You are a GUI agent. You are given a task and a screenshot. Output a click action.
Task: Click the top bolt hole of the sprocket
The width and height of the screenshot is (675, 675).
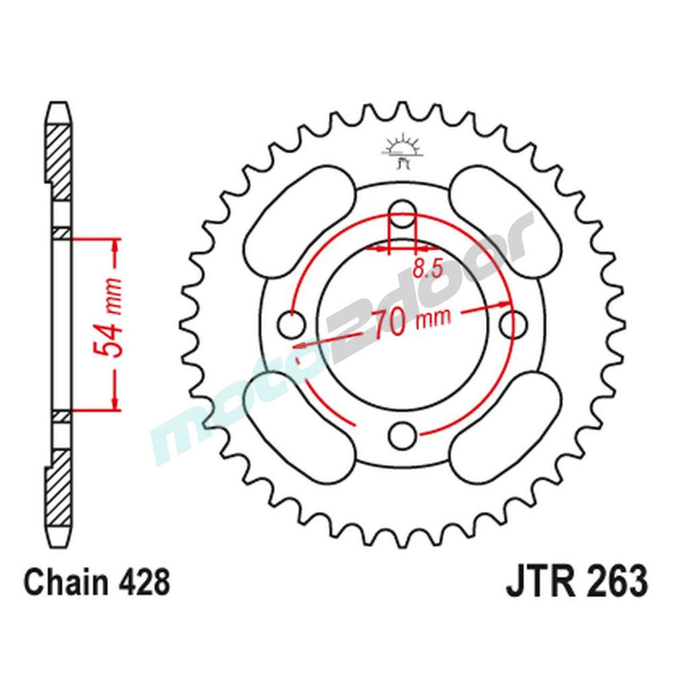tap(402, 211)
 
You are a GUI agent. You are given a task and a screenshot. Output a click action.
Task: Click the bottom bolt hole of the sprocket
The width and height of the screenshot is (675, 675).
tap(403, 435)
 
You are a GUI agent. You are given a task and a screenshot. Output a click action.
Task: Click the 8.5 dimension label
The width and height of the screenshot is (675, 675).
tap(427, 270)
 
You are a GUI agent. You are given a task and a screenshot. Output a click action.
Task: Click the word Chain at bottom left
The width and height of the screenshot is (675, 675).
tap(59, 581)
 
